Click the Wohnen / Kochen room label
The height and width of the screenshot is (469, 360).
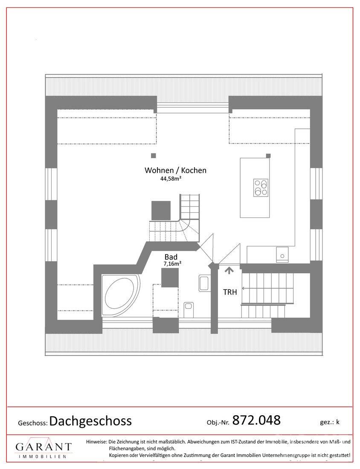pos(175,170)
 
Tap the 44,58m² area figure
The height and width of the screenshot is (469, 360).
pos(171,179)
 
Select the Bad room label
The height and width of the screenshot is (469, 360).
pos(171,257)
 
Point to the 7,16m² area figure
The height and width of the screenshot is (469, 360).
pos(172,263)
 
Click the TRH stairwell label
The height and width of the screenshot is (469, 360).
pos(230,292)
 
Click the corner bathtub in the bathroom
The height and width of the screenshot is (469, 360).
pos(121,295)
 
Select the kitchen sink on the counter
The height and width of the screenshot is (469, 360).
pos(282,255)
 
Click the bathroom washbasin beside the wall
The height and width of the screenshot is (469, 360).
pos(203,284)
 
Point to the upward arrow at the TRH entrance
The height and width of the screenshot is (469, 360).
pos(229,270)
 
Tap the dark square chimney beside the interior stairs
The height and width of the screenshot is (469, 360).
pos(161,211)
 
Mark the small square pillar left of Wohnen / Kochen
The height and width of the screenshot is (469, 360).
pos(154,156)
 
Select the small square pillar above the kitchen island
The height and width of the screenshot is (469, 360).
pos(268,156)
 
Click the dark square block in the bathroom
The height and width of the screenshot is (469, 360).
pos(170,278)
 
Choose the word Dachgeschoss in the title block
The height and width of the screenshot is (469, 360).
pos(90,421)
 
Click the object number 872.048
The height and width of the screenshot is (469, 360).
pos(256,420)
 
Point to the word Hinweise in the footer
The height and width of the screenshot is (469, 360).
pos(96,442)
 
